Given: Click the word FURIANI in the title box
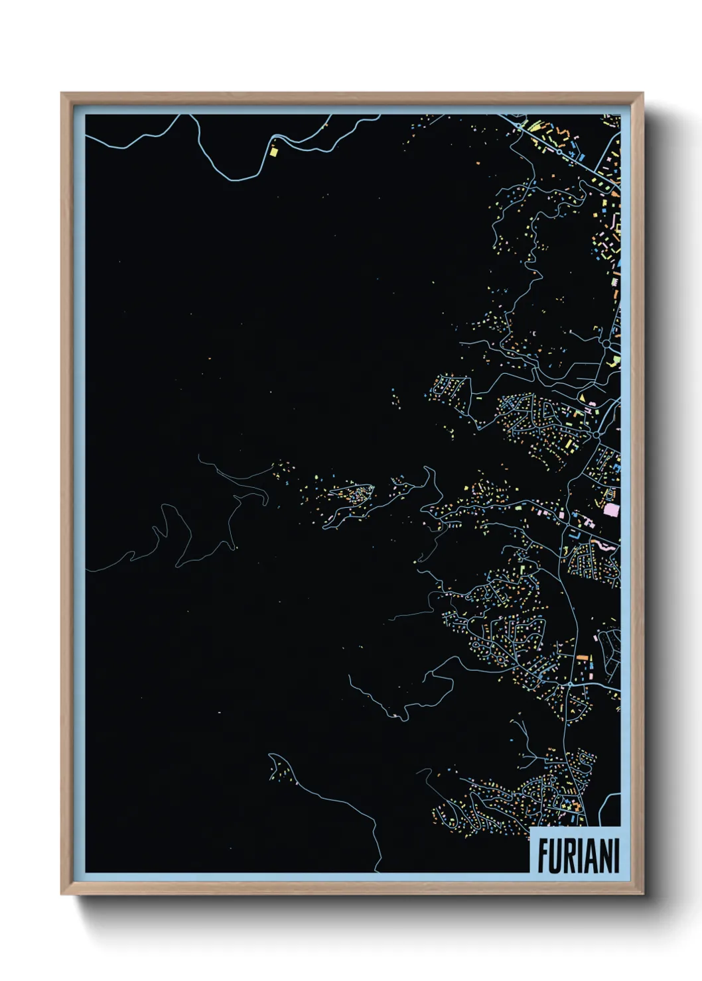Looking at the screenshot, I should [x=578, y=856].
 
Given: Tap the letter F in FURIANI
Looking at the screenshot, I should [x=542, y=856].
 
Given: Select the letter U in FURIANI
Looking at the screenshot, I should [x=556, y=856].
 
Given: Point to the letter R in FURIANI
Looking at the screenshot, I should [x=571, y=856].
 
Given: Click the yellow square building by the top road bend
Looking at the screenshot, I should [x=273, y=151].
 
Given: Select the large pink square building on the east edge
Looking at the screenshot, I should [x=611, y=510].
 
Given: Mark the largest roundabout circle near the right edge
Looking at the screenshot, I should [x=606, y=343].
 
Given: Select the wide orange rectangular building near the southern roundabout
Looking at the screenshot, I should [x=583, y=657].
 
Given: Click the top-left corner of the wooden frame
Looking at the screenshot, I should [x=62, y=93].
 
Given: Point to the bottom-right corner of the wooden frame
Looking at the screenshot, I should [x=643, y=894].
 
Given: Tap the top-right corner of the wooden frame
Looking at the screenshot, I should [x=643, y=93].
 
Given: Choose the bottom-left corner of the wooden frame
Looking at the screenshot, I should [x=62, y=894].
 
